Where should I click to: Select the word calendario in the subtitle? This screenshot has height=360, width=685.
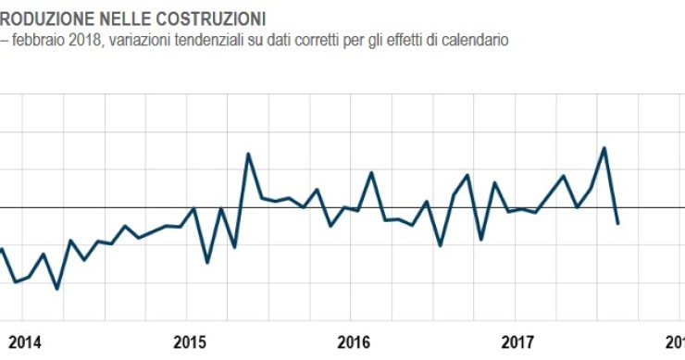pos(474,40)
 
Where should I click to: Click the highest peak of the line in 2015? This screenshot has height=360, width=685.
pos(248,154)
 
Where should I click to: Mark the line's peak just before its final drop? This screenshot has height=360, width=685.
pos(604,148)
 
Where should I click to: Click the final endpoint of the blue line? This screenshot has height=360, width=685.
pos(617,223)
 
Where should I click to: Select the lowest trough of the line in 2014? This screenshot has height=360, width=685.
pos(57,289)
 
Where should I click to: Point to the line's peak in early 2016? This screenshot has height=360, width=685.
pos(371,172)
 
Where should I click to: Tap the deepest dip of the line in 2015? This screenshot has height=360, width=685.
pos(207,263)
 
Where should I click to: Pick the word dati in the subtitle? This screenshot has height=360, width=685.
pos(289,40)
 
